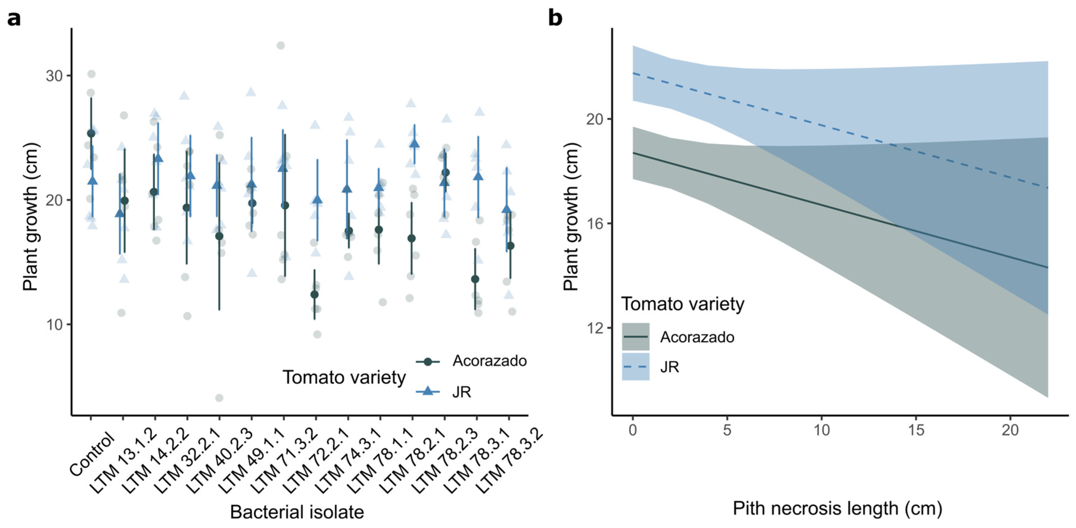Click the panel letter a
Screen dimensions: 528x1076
14,19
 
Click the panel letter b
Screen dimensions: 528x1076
555,18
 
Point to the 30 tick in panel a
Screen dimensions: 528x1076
54,76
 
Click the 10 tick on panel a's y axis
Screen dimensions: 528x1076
54,325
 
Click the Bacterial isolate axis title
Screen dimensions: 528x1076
297,512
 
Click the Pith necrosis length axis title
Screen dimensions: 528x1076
837,509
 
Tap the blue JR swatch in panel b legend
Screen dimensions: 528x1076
635,367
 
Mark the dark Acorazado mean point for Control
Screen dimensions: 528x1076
91,134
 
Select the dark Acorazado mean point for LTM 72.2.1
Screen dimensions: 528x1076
314,294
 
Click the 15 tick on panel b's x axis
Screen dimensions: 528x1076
916,430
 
